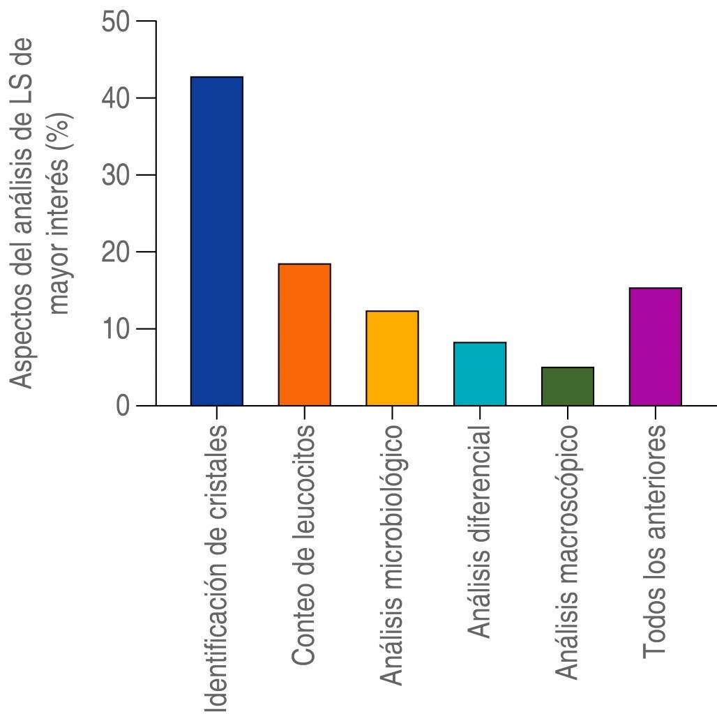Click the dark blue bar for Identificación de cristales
click(216, 241)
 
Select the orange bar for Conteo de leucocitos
click(304, 335)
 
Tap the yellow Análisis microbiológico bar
click(392, 358)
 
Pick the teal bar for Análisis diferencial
click(480, 374)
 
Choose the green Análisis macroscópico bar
click(567, 386)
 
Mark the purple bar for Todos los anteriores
click(655, 347)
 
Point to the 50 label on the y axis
click(116, 22)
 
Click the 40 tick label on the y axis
click(116, 98)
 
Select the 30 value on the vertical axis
click(116, 175)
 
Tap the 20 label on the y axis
click(116, 252)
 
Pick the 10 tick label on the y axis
click(116, 328)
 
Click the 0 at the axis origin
click(123, 406)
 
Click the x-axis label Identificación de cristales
click(218, 569)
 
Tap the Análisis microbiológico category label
click(392, 554)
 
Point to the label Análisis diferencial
click(480, 531)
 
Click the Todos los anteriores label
click(655, 540)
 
